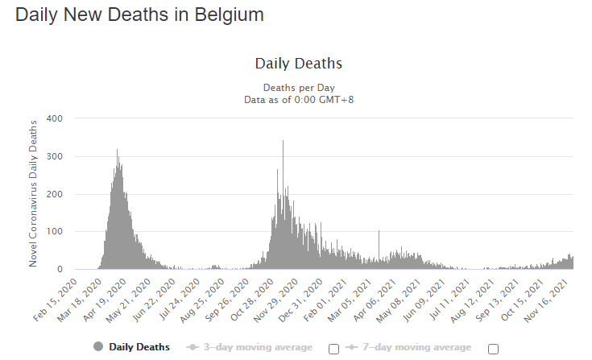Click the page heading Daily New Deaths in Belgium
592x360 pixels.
[139, 14]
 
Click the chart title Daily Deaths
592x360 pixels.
[299, 64]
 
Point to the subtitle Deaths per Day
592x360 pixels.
[299, 87]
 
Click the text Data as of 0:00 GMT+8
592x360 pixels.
[299, 99]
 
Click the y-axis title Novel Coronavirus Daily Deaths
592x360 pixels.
[34, 193]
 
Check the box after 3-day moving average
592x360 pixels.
[333, 348]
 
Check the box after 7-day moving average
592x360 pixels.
[493, 348]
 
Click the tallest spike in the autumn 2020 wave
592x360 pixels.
[283, 143]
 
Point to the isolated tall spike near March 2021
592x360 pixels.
[379, 233]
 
